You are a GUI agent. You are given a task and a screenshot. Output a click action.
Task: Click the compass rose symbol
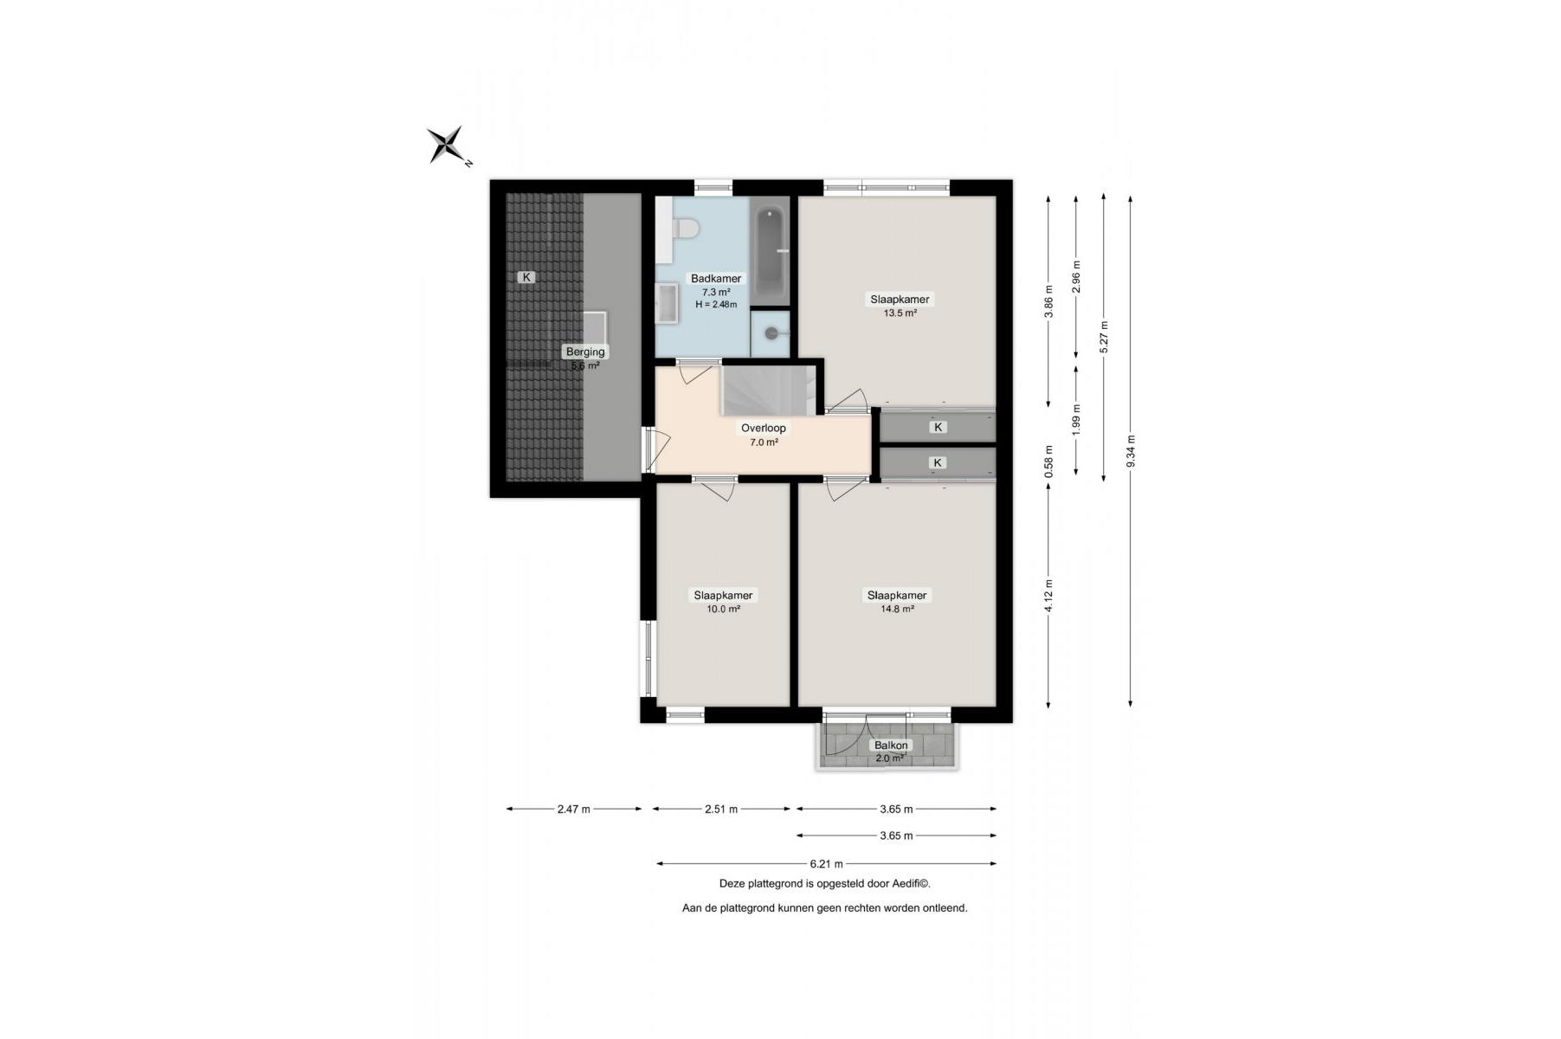coord(448,145)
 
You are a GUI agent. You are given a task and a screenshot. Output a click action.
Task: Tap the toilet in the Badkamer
coord(686,228)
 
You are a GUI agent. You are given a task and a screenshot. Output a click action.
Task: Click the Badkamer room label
coord(715,278)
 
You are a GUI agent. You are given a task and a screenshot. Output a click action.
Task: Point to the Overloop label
coord(764,428)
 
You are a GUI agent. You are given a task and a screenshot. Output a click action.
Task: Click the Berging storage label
coord(585,352)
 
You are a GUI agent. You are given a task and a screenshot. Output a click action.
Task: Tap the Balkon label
coord(891,745)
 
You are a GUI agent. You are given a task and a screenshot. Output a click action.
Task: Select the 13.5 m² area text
coord(900,313)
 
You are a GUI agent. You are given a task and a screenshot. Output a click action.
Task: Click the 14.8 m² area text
coord(897,609)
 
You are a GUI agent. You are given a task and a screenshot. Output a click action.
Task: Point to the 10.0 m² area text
coord(723,609)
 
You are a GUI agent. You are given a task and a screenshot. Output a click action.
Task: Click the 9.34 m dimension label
coord(1131,451)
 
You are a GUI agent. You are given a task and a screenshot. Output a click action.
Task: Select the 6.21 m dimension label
coord(826,863)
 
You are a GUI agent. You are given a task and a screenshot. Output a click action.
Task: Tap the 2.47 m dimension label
coord(573,810)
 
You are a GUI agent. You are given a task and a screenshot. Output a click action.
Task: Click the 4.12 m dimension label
coord(1049,595)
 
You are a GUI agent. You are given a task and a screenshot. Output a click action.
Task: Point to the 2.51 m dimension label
coord(721,810)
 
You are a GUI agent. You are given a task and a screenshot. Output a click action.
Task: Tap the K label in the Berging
coord(526,277)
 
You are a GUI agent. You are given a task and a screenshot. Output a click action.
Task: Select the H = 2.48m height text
coord(716,304)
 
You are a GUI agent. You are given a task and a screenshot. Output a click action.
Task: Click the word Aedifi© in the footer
coord(910,884)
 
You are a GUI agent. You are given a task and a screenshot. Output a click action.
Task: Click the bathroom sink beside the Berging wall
coord(667,304)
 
